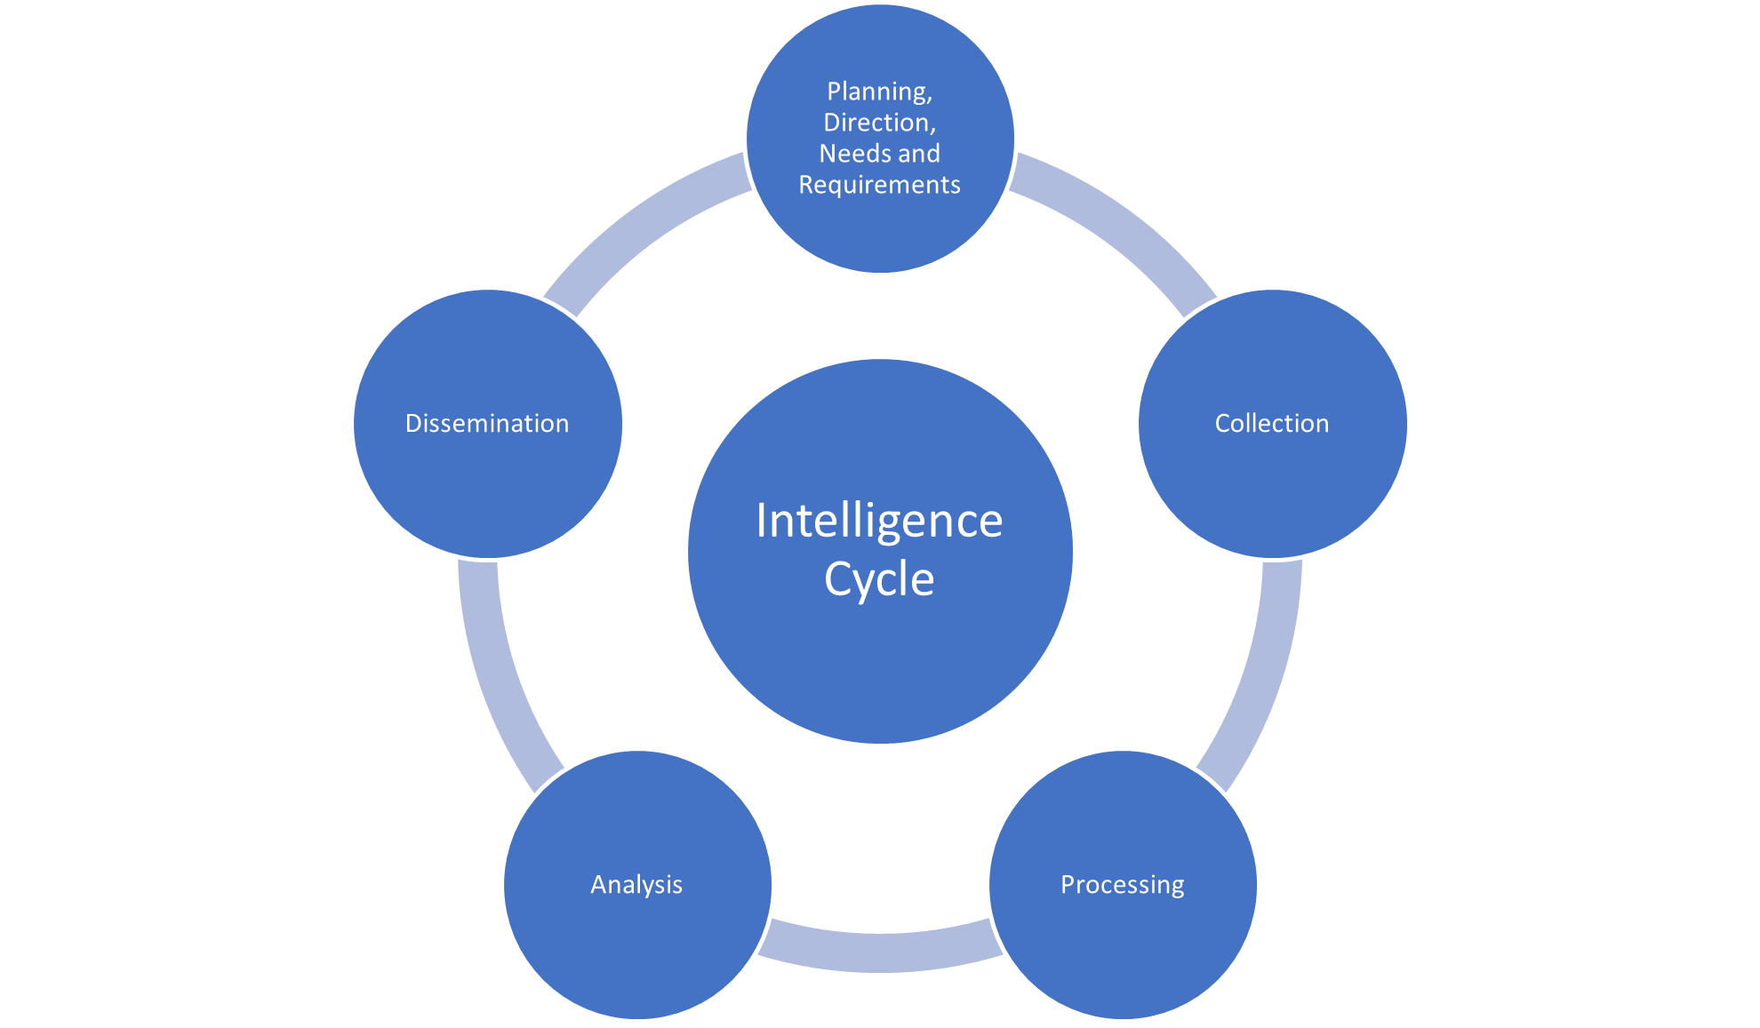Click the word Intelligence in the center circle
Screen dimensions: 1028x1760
pyautogui.click(x=879, y=521)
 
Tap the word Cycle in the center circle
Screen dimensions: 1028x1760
pyautogui.click(x=879, y=579)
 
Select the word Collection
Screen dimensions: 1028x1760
pyautogui.click(x=1272, y=424)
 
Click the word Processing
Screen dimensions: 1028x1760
pyautogui.click(x=1122, y=885)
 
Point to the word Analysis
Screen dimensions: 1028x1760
pyautogui.click(x=636, y=885)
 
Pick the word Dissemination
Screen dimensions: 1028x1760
pyautogui.click(x=487, y=424)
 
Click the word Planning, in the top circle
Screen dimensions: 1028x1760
pyautogui.click(x=879, y=92)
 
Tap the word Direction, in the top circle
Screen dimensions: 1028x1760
pyautogui.click(x=879, y=123)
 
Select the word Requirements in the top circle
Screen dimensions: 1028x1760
pyautogui.click(x=879, y=185)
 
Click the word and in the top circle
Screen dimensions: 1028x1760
pyautogui.click(x=918, y=154)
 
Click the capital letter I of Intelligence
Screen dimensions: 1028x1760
pyautogui.click(x=761, y=521)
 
